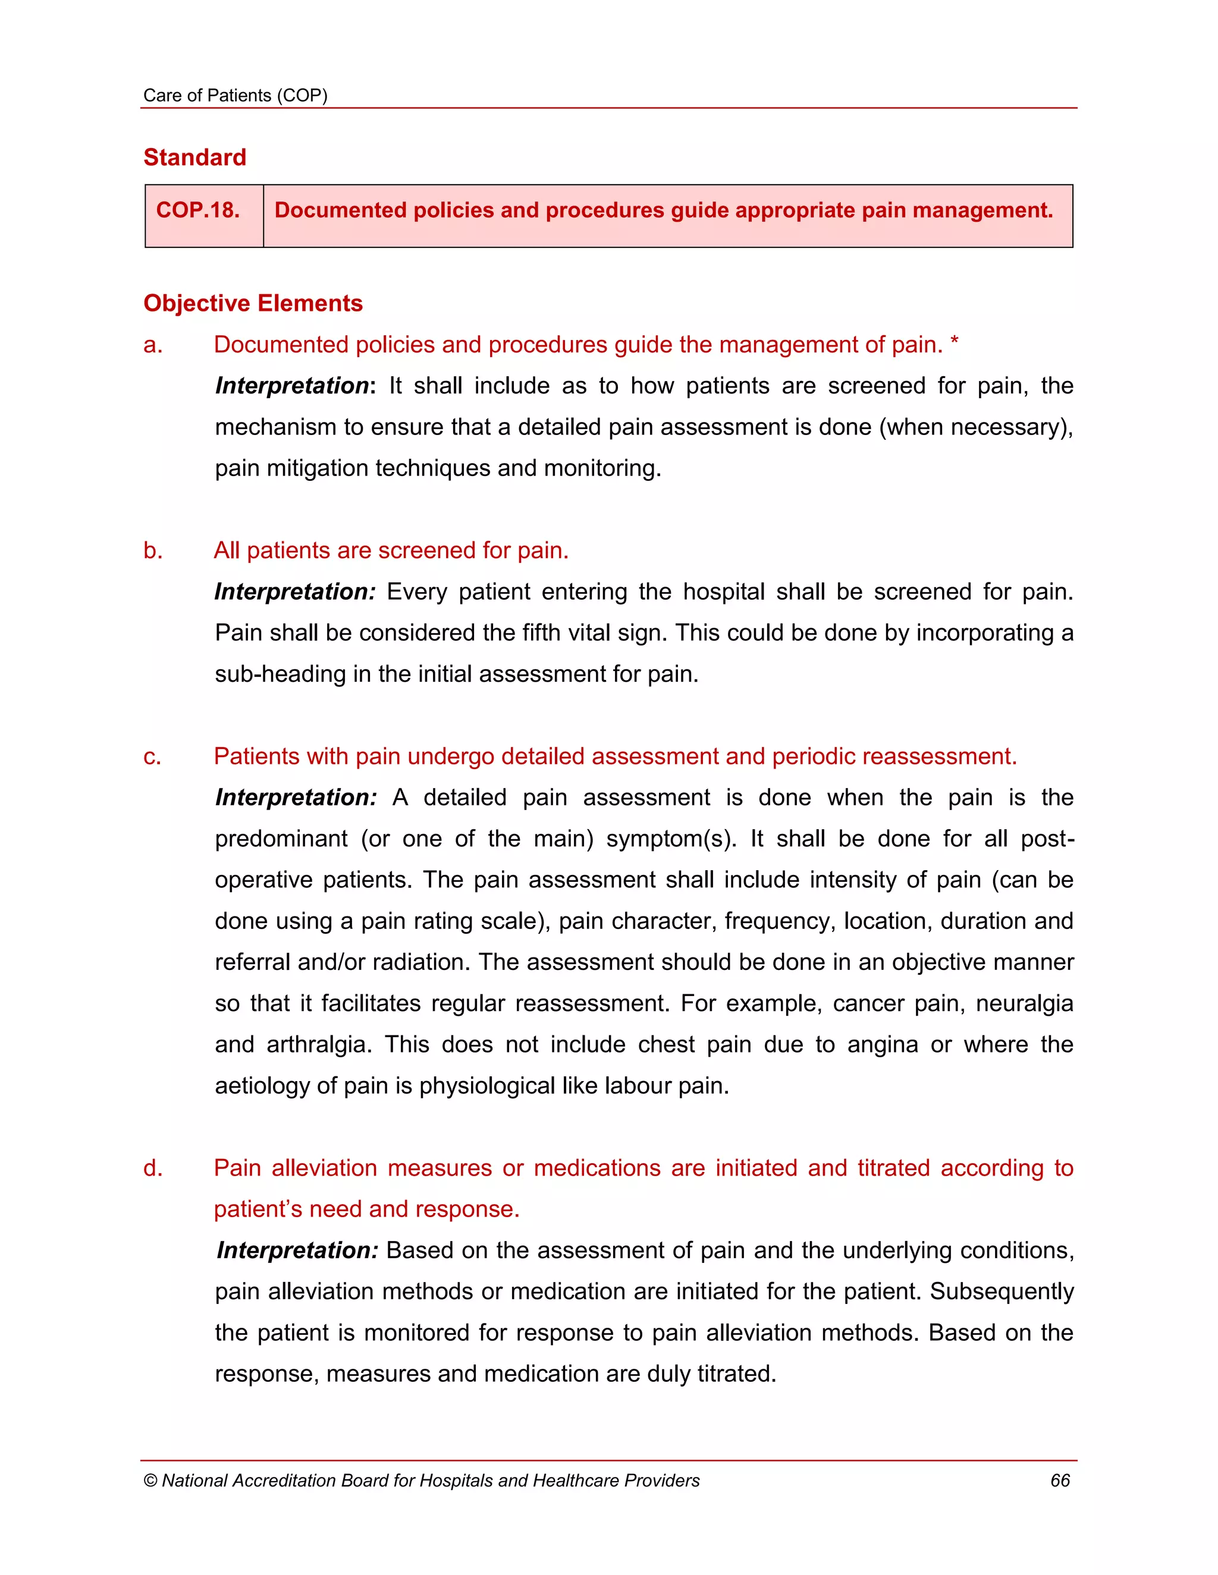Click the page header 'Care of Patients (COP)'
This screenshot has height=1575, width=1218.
click(x=236, y=95)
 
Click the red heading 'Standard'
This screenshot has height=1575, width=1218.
click(x=195, y=157)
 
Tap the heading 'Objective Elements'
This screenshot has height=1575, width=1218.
click(x=253, y=303)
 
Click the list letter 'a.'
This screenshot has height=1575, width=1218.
click(x=153, y=345)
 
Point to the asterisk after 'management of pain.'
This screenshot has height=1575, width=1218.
click(x=954, y=344)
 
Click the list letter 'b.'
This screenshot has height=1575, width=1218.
click(x=153, y=550)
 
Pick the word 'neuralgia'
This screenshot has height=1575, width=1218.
click(x=1024, y=1003)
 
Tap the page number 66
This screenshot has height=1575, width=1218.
click(x=1059, y=1480)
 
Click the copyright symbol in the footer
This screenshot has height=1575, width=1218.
click(x=150, y=1481)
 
